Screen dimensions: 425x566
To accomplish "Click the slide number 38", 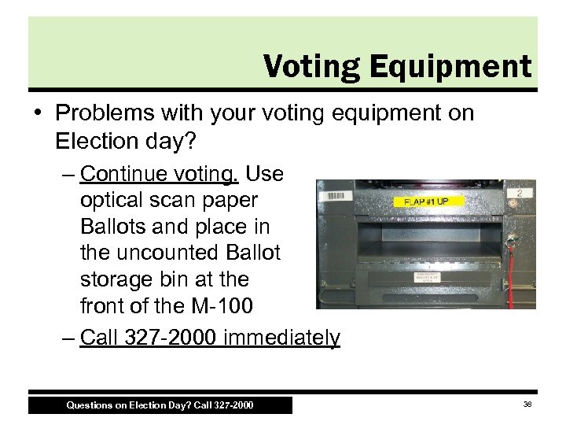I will (x=527, y=405).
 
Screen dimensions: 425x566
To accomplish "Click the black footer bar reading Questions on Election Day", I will (x=160, y=405).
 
